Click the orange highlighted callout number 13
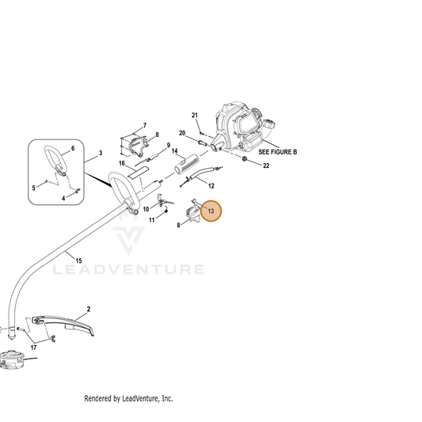coord(211,211)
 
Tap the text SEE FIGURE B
coord(277,152)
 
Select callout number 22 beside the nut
coord(266,165)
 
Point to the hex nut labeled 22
coord(245,158)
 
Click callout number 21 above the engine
coord(195,115)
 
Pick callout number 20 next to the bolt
coord(182,133)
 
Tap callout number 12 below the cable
coord(211,186)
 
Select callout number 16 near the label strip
coord(122,163)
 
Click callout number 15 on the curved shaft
coord(78,260)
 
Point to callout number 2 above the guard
coord(89,310)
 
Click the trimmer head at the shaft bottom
coord(11,359)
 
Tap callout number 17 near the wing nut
coord(33,348)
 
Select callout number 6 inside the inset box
coord(73,148)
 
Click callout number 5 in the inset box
coord(33,188)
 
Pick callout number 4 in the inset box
coord(63,199)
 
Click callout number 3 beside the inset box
coord(101,153)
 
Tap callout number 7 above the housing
coord(145,125)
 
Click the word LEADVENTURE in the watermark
coord(128,270)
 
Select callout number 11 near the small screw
coord(152,220)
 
